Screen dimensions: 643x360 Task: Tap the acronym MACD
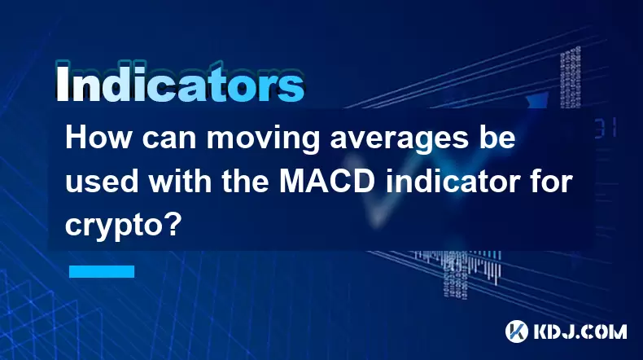tap(327, 182)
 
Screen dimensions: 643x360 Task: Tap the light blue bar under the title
tap(102, 271)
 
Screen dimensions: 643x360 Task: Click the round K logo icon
tap(517, 331)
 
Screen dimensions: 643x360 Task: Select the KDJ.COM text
tap(580, 331)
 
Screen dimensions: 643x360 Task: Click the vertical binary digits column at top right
tap(571, 77)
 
